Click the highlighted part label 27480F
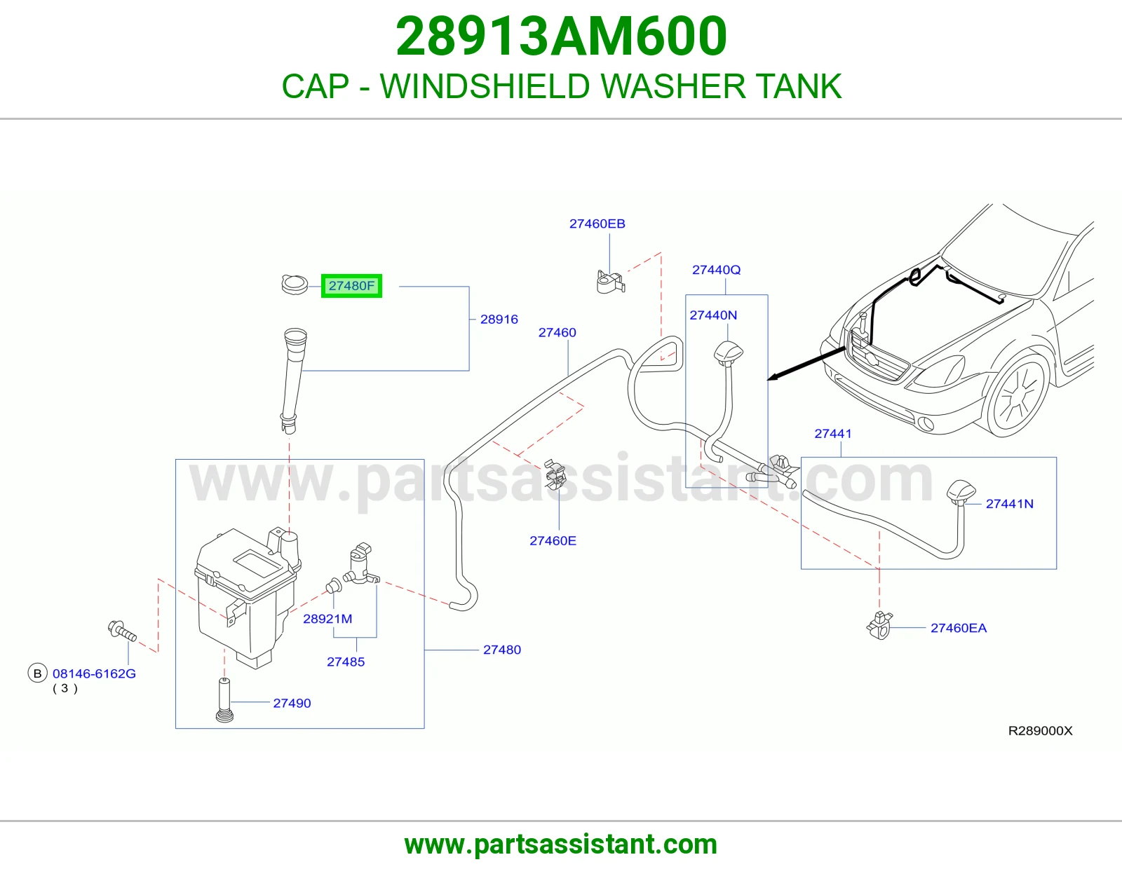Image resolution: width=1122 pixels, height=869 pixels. [x=351, y=286]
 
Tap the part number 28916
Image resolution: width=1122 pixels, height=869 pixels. [x=499, y=320]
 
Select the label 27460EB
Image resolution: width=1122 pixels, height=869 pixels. [x=597, y=224]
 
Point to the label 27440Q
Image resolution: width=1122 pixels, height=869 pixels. [x=716, y=270]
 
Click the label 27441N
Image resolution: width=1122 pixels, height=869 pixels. [x=1009, y=504]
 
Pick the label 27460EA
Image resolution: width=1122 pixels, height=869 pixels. [x=959, y=628]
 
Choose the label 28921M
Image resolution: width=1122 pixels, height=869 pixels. [x=327, y=619]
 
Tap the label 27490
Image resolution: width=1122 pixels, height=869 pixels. [x=292, y=704]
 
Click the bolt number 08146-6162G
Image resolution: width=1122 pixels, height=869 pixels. [x=94, y=673]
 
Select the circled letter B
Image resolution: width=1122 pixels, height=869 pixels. [x=37, y=673]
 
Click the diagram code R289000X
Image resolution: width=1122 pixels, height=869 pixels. [x=1040, y=731]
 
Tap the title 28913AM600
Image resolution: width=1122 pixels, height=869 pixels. [x=561, y=36]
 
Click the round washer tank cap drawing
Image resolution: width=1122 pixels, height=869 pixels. [x=295, y=285]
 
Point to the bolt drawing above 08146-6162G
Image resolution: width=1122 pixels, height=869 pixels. [x=122, y=631]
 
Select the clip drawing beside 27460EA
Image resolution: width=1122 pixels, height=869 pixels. [x=879, y=625]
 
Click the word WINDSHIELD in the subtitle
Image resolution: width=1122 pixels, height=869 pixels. [x=485, y=86]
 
